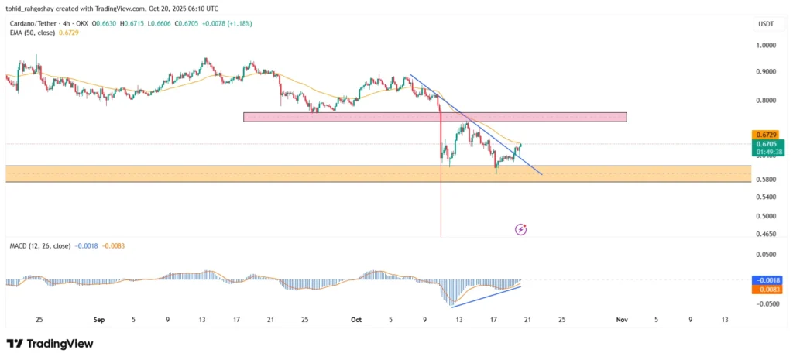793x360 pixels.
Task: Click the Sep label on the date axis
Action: [98, 319]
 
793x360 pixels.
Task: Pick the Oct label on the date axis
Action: [356, 319]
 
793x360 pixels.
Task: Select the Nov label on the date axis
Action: [621, 319]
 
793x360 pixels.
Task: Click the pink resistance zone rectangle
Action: [434, 117]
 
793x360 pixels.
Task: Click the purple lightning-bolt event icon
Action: [521, 229]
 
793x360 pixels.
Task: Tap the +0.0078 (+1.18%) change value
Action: [229, 24]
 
